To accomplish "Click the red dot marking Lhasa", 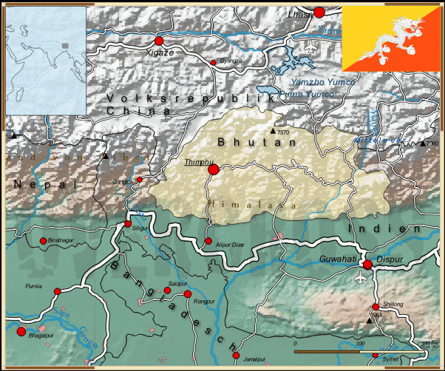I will click(x=319, y=12).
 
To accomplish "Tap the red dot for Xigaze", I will click(x=158, y=41).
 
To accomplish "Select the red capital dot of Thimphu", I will click(x=214, y=170).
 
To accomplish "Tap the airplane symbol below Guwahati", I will click(x=361, y=279).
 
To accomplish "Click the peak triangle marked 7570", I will click(x=273, y=132).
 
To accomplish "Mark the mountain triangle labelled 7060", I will click(x=423, y=143).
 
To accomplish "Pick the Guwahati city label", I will click(x=339, y=259).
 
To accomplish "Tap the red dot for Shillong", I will click(x=375, y=307).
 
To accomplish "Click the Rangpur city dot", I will click(x=188, y=294).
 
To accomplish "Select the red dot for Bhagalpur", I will click(x=21, y=332).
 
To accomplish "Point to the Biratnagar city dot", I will click(x=42, y=241).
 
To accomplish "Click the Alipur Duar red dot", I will click(x=208, y=241).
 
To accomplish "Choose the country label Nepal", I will click(x=44, y=183).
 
